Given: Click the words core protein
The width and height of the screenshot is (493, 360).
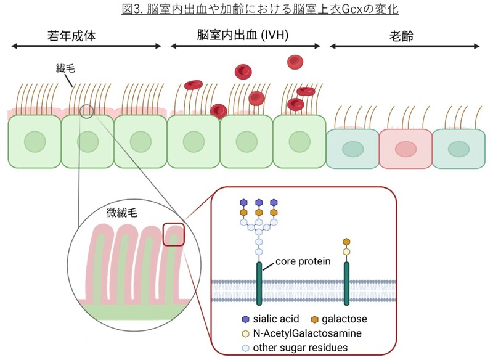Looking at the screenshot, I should click(x=303, y=261).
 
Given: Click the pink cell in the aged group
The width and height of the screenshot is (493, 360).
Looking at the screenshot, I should click(x=405, y=149).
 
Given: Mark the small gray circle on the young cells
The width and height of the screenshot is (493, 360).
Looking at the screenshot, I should click(x=87, y=112).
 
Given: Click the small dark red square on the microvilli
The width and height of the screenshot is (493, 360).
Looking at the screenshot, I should click(x=174, y=234).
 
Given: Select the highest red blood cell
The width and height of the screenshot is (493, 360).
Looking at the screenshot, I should click(x=295, y=62).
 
